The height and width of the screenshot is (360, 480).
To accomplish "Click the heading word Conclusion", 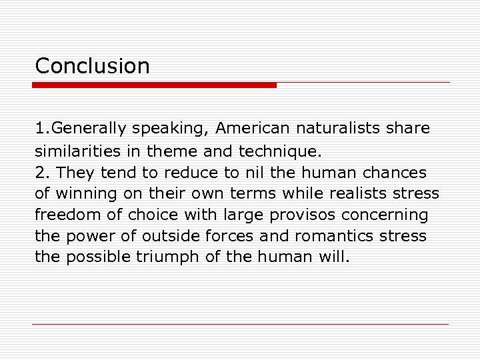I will click(92, 66).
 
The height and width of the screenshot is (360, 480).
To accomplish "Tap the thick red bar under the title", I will click(155, 85).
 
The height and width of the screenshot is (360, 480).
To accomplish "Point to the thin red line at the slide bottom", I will click(241, 325).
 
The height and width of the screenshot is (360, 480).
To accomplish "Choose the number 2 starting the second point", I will click(40, 173).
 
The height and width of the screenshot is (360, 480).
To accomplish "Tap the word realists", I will click(369, 194).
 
